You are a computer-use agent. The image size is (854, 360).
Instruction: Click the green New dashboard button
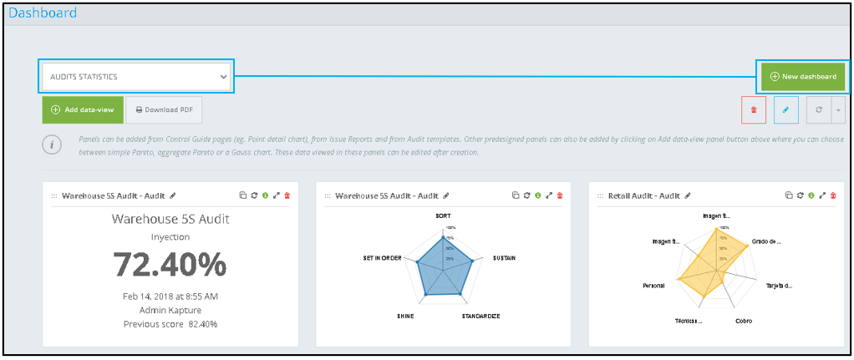pyautogui.click(x=802, y=77)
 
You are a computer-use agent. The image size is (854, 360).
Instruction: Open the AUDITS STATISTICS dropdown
pyautogui.click(x=136, y=76)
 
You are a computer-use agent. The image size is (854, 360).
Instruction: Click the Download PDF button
pyautogui.click(x=164, y=109)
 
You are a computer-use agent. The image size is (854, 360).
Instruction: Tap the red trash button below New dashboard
pyautogui.click(x=754, y=109)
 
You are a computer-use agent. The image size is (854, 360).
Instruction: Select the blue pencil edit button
pyautogui.click(x=785, y=109)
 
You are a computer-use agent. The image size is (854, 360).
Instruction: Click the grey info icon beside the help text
pyautogui.click(x=52, y=145)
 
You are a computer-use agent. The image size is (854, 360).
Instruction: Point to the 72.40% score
pyautogui.click(x=170, y=264)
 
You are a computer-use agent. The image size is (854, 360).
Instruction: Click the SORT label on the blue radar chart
pyautogui.click(x=443, y=215)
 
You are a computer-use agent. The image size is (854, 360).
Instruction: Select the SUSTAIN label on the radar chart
pyautogui.click(x=504, y=258)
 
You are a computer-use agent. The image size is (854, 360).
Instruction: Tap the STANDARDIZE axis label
pyautogui.click(x=480, y=317)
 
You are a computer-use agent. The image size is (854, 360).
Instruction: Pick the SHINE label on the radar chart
pyautogui.click(x=404, y=317)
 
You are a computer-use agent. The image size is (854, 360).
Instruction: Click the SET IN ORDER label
pyautogui.click(x=382, y=258)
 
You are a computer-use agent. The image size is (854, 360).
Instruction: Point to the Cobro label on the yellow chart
pyautogui.click(x=743, y=321)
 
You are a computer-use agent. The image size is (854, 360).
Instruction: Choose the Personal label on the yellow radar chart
pyautogui.click(x=653, y=286)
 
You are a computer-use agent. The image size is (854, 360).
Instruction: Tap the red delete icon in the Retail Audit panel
pyautogui.click(x=833, y=195)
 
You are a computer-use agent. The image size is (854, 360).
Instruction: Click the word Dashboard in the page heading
pyautogui.click(x=43, y=13)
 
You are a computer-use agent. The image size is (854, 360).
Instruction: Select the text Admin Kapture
pyautogui.click(x=170, y=310)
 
